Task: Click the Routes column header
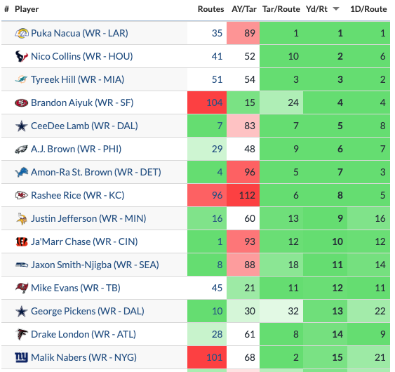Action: tap(210, 9)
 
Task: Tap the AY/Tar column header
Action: tap(244, 9)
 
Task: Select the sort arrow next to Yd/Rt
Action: tap(335, 9)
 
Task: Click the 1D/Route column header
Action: tap(368, 9)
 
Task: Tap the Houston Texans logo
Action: tap(22, 56)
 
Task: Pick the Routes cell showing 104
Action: tap(207, 102)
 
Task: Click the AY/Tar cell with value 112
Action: tap(243, 195)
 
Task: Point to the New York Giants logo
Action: tap(22, 357)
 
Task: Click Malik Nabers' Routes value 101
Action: tap(207, 357)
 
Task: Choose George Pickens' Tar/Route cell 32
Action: tap(281, 311)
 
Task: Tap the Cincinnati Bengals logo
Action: tap(22, 241)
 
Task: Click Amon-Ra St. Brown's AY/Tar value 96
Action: tap(243, 172)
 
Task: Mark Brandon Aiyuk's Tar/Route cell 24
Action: tap(281, 102)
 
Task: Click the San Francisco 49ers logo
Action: tap(22, 103)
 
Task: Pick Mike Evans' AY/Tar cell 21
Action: tap(243, 288)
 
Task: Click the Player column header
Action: tap(27, 9)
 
